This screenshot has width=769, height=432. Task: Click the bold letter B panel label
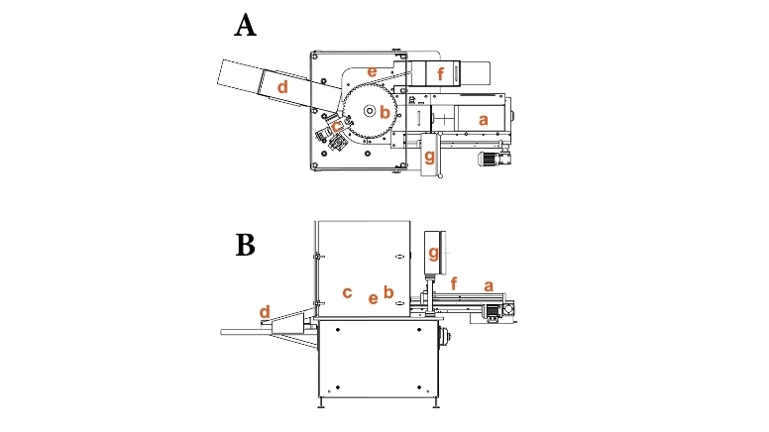click(x=245, y=245)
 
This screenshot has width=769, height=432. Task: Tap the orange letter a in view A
click(x=484, y=119)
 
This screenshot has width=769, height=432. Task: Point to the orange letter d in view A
click(x=282, y=87)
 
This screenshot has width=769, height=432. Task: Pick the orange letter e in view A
click(x=373, y=71)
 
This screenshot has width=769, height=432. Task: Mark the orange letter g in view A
click(x=429, y=157)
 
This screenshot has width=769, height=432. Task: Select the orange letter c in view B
click(x=347, y=292)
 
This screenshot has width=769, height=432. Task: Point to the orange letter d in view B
click(x=265, y=312)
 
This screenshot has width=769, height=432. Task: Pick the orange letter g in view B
click(x=432, y=254)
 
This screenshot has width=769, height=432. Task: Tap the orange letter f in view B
click(x=454, y=283)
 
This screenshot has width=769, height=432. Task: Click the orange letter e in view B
click(x=373, y=297)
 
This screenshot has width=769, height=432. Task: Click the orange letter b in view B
click(x=388, y=292)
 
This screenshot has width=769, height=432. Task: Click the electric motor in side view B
click(x=490, y=310)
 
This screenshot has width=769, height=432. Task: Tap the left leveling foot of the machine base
click(x=320, y=404)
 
